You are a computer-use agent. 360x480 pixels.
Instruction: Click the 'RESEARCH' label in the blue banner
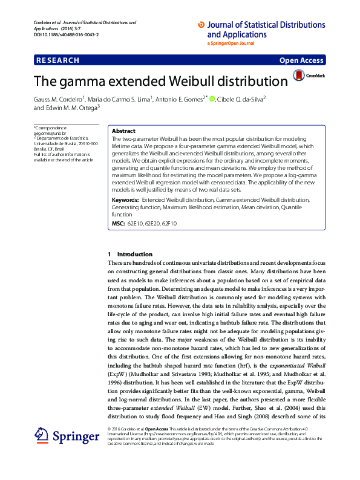[57, 60]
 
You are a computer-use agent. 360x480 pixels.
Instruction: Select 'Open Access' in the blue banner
[301, 60]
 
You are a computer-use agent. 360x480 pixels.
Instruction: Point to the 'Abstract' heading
[123, 131]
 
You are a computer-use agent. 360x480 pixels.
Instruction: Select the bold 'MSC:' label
[119, 223]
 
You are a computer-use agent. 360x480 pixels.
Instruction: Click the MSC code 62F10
[169, 223]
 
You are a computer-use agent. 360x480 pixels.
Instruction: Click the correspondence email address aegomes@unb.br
[50, 133]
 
